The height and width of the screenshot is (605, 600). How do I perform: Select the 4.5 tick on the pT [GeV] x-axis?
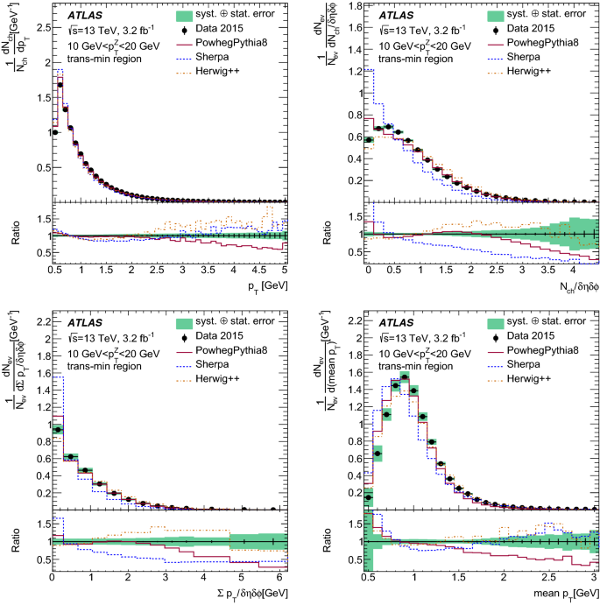[263, 271]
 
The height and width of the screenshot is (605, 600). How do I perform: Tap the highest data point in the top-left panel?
[60, 85]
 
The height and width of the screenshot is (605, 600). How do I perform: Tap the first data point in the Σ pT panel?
[59, 430]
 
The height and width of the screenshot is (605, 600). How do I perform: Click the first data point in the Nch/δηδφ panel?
[369, 139]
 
